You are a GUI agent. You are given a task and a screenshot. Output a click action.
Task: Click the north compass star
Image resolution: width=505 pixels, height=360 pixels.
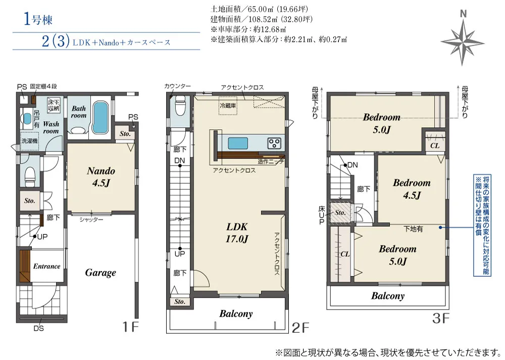point(463,42)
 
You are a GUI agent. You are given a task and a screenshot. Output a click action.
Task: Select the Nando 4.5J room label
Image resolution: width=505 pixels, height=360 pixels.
point(101,177)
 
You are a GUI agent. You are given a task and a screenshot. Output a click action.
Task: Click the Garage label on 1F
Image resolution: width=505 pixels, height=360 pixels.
point(100,273)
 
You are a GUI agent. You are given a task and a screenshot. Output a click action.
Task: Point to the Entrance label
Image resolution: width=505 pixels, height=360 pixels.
point(46,266)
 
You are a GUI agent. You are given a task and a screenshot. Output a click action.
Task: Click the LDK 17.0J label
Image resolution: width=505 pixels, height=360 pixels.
point(237,232)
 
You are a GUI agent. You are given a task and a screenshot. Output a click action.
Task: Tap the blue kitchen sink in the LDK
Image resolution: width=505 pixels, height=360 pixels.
point(238,143)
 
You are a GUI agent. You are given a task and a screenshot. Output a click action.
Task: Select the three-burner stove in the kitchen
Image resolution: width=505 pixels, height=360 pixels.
point(274,143)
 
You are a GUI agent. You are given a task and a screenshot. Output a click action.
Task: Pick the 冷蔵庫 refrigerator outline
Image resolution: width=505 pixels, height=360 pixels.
point(228,106)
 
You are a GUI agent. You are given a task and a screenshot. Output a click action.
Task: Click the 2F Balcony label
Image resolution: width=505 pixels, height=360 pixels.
point(236,314)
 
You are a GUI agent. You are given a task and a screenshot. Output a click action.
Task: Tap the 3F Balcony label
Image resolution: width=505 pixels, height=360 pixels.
point(388,295)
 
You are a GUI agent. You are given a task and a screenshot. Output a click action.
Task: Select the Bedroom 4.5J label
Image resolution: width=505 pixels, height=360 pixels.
point(412,189)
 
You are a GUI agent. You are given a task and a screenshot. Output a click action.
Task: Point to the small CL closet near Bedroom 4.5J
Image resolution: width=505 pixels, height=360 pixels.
point(434,141)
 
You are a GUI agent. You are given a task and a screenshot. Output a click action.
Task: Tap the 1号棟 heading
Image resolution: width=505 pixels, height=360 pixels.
point(38,19)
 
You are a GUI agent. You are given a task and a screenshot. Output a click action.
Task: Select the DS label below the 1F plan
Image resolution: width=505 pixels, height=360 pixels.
point(39,329)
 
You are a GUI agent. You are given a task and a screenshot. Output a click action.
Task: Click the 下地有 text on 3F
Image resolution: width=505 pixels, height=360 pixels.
point(413,229)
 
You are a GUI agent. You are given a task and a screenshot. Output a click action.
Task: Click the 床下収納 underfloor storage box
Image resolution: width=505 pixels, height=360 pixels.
point(54,105)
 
